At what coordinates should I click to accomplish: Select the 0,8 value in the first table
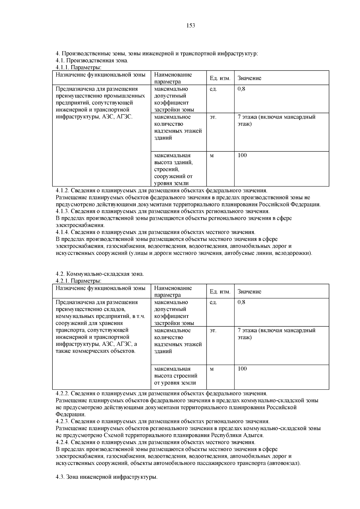click(241, 89)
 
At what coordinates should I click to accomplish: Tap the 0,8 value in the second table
click(241, 302)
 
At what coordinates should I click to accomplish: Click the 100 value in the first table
click(242, 155)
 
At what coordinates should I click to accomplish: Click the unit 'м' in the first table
click(211, 156)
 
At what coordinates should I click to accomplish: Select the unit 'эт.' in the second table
click(213, 331)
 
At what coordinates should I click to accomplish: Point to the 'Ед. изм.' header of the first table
click(220, 78)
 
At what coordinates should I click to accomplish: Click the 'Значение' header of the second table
click(249, 292)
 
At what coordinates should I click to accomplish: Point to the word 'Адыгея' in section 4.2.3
click(254, 435)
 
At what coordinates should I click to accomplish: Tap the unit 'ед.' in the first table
click(213, 89)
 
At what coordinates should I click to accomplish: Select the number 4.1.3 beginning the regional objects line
click(62, 211)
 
